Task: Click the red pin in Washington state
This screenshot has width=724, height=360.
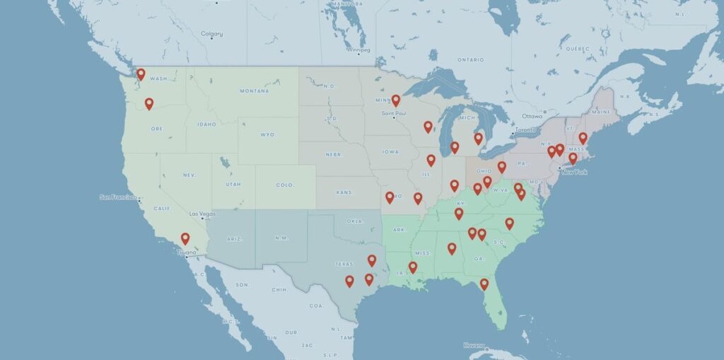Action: click(x=141, y=74)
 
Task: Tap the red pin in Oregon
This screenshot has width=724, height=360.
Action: click(x=149, y=103)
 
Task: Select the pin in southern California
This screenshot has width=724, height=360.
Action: click(x=185, y=238)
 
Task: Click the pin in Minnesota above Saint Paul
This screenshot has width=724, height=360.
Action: click(x=396, y=100)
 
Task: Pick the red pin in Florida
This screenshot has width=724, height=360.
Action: click(x=484, y=284)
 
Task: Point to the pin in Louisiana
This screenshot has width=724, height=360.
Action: click(x=413, y=267)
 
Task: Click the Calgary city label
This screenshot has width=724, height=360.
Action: click(x=211, y=34)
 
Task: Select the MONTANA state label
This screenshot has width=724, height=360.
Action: click(x=254, y=91)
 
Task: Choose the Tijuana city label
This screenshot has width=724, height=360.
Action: click(x=187, y=252)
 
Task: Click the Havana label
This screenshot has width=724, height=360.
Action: click(x=475, y=345)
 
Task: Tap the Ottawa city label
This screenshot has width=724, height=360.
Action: click(x=532, y=116)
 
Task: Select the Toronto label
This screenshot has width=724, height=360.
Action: click(x=525, y=131)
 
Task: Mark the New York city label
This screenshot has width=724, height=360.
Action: click(x=574, y=172)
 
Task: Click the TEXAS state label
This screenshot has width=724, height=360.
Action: click(x=344, y=264)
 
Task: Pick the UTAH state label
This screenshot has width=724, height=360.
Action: click(x=233, y=184)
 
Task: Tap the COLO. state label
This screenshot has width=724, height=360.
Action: click(x=285, y=185)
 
